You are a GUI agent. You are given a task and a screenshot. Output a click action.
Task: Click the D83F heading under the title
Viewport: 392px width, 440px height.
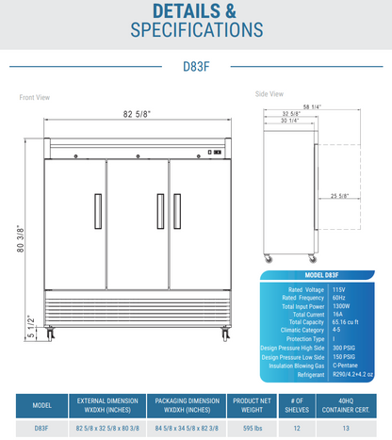point(196,67)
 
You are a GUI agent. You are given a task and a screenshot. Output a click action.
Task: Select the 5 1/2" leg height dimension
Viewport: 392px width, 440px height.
point(30,325)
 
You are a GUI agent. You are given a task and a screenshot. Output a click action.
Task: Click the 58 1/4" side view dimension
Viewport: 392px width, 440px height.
point(302,106)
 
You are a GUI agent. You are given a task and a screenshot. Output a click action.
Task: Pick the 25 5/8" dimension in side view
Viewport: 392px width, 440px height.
point(315,196)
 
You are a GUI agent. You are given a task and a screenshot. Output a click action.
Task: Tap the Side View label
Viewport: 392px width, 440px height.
point(269,93)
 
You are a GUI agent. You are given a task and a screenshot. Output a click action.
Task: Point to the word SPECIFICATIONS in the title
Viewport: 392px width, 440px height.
point(196,30)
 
